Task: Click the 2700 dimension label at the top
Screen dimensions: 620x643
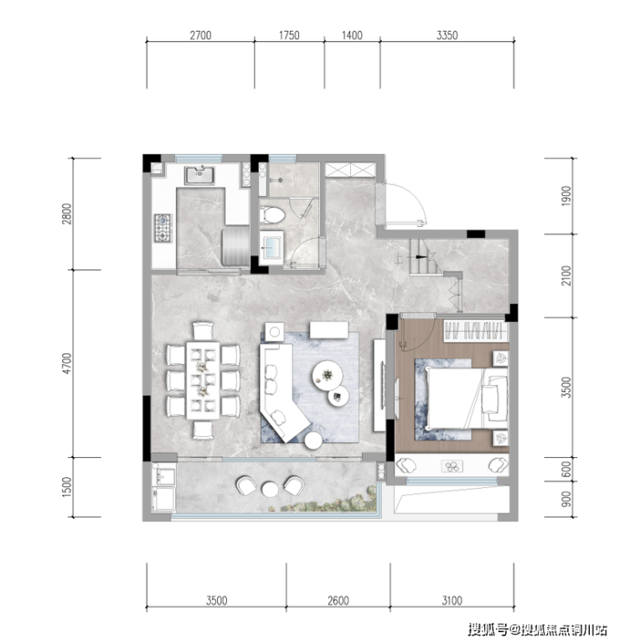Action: (x=200, y=35)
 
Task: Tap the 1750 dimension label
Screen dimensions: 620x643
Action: (x=289, y=35)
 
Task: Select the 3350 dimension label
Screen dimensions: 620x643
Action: (x=447, y=35)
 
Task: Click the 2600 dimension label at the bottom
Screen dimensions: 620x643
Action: (x=338, y=601)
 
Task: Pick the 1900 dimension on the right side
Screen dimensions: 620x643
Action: (x=566, y=196)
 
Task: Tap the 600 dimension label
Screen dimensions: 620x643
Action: (x=566, y=470)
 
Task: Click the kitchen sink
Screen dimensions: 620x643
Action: (x=199, y=175)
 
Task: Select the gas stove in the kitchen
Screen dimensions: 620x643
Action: (x=163, y=228)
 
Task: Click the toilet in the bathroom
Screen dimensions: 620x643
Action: (x=272, y=215)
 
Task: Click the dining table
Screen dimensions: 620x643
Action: (x=203, y=380)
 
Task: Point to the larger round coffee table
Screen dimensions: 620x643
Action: (x=327, y=374)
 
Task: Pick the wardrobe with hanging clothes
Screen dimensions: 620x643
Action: (x=475, y=331)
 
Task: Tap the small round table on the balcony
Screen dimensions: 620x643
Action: (x=270, y=489)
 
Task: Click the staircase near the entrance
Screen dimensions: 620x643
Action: (x=426, y=257)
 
